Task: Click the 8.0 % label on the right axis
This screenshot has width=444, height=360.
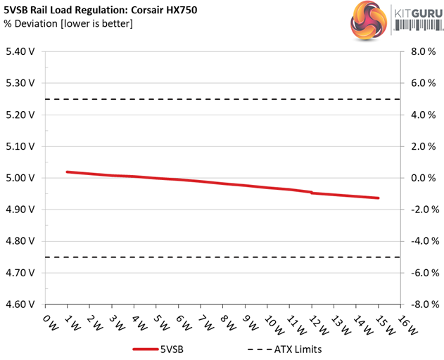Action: [420, 51]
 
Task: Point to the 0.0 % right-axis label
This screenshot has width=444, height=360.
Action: [420, 178]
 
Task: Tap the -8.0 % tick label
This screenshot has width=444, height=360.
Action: [419, 304]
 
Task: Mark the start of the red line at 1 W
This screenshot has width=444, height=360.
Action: [67, 172]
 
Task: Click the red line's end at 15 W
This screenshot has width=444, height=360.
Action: [378, 198]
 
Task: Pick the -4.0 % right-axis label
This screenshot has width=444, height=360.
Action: [419, 241]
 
